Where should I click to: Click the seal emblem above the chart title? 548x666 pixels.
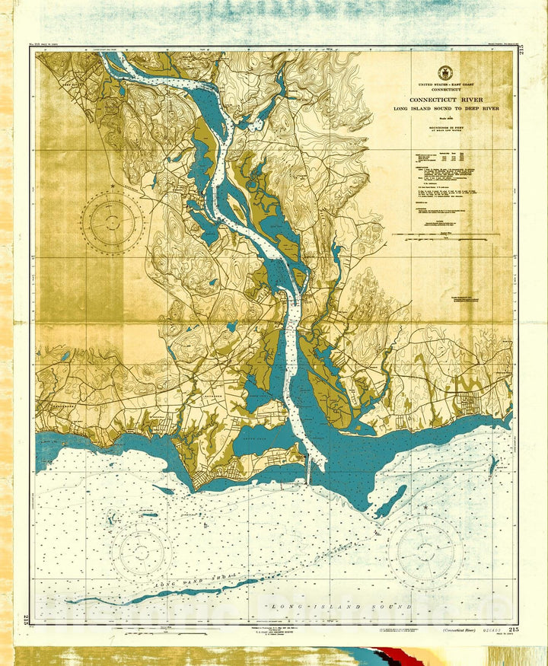click(445, 73)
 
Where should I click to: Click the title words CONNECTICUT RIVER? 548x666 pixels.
click(445, 100)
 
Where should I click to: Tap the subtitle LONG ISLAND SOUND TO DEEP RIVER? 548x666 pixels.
click(445, 110)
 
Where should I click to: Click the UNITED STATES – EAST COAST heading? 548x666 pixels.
click(445, 86)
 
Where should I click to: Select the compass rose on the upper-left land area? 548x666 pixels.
click(112, 222)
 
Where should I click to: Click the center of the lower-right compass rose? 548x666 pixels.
click(425, 553)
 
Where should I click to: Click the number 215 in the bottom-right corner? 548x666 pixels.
click(514, 629)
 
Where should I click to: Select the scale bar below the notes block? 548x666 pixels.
click(445, 237)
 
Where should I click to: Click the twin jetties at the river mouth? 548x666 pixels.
click(307, 473)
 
